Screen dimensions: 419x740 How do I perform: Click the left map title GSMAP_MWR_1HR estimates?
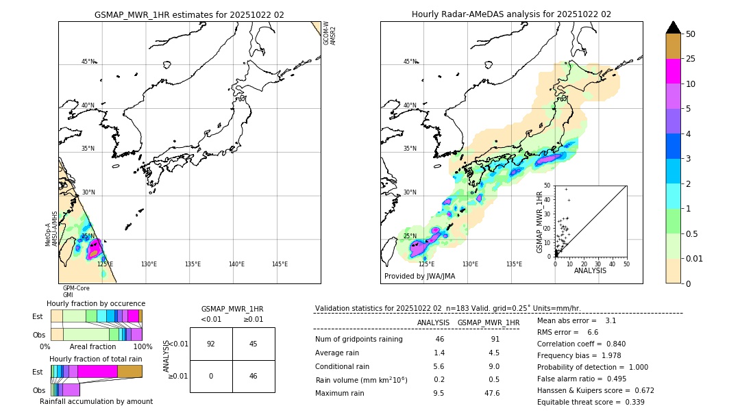[189, 14]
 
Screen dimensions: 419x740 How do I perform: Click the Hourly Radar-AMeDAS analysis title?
[511, 14]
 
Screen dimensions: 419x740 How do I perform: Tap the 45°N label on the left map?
[88, 62]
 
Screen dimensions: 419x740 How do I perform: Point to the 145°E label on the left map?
[280, 264]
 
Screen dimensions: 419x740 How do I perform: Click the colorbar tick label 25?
[691, 59]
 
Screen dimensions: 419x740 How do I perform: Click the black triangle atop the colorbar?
[674, 27]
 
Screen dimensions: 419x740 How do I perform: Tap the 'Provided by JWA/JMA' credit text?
[419, 276]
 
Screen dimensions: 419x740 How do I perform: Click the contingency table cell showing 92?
[210, 344]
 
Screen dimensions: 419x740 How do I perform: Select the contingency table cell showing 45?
[253, 344]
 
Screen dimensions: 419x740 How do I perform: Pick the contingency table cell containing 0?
[210, 377]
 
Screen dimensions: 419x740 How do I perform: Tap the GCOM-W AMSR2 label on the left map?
[330, 33]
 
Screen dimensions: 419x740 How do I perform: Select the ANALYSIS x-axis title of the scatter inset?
[590, 270]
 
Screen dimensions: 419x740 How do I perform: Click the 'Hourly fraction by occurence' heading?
[96, 303]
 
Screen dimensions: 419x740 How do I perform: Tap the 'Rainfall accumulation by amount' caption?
[96, 402]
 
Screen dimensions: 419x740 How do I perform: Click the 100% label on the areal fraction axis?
[143, 346]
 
